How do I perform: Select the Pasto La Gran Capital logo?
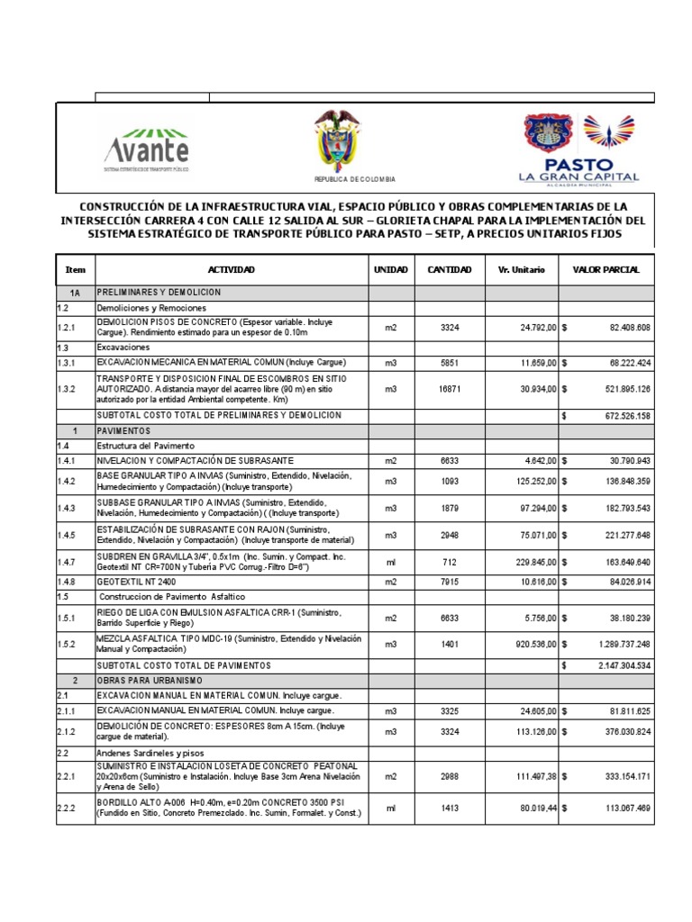click(578, 149)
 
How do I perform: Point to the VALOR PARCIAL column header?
click(606, 270)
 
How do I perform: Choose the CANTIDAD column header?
click(449, 270)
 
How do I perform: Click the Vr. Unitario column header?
click(521, 270)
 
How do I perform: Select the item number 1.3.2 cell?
click(69, 390)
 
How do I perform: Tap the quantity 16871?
click(449, 390)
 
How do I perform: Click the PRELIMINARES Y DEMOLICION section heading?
click(159, 293)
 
